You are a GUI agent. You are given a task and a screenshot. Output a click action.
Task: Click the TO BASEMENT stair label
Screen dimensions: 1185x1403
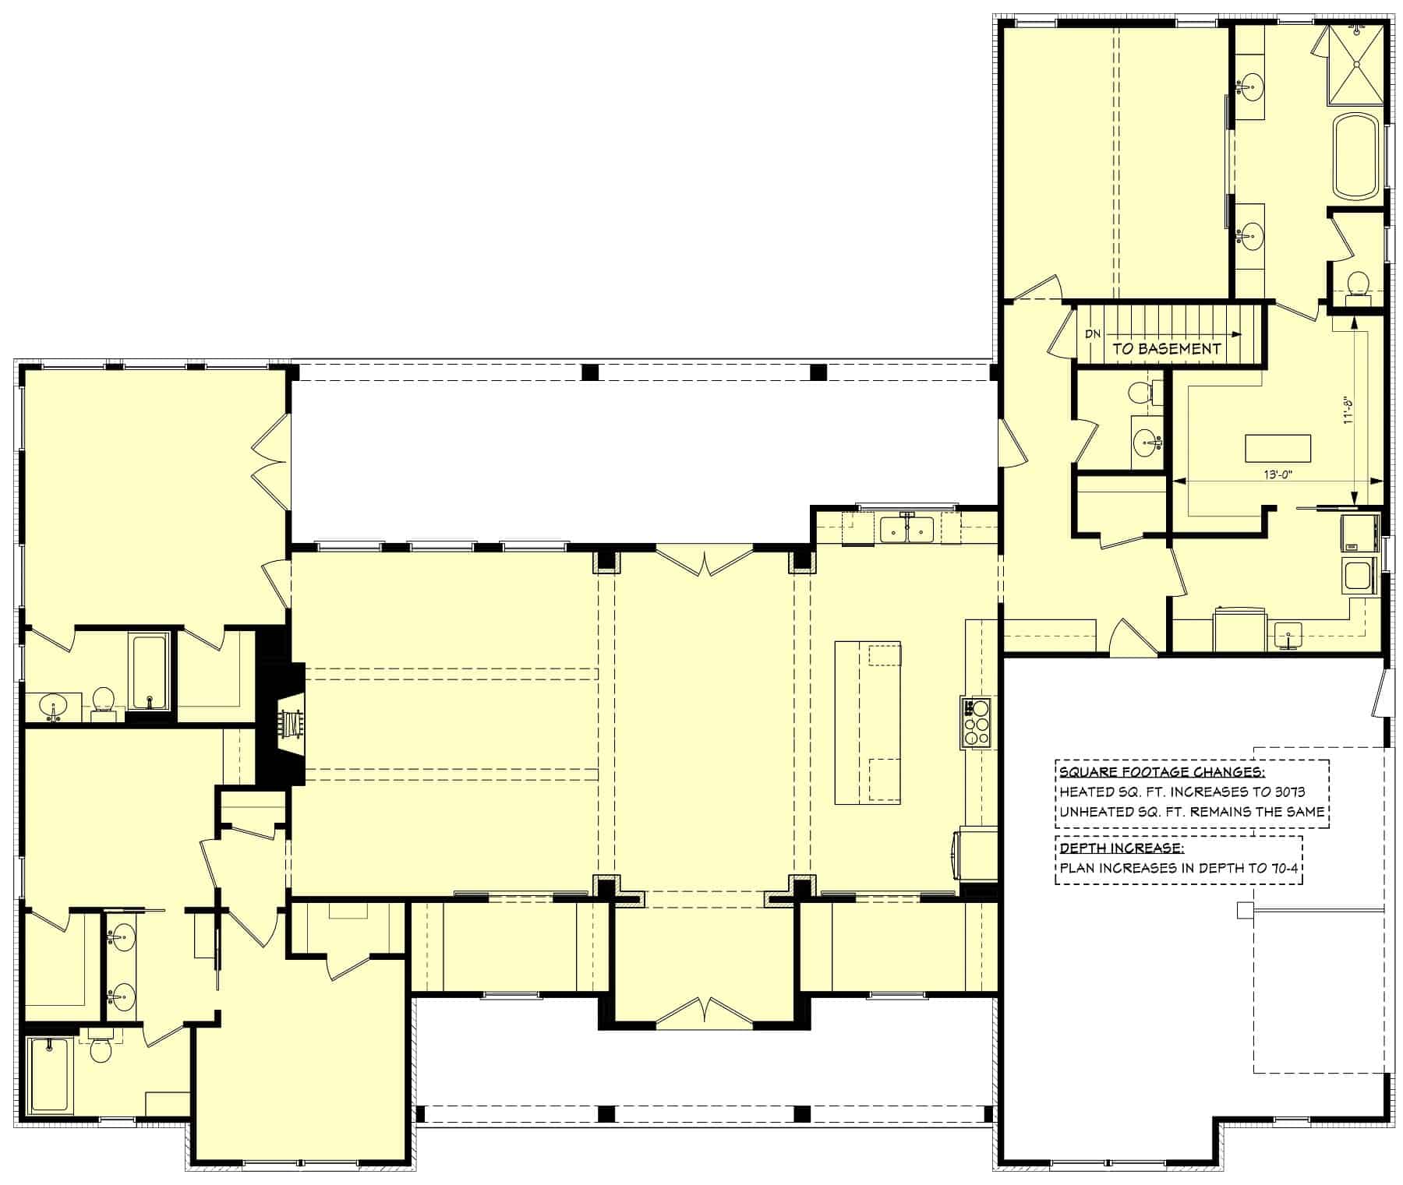tap(1166, 349)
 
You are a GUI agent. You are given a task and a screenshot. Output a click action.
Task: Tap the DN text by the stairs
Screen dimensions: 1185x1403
tap(1093, 333)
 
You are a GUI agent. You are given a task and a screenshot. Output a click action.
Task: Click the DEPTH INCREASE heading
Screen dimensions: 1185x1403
tap(1120, 848)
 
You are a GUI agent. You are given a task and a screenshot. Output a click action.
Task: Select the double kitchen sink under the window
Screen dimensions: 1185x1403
tap(906, 530)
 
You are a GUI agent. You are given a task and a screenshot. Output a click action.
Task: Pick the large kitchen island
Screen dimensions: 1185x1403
tap(868, 722)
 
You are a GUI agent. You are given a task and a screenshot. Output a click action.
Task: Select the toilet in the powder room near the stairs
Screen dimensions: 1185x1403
tap(1140, 392)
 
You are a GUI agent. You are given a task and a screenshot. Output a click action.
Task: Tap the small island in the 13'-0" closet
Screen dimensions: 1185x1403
tap(1278, 449)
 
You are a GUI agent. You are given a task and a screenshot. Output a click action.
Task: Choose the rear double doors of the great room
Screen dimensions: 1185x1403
tap(705, 561)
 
